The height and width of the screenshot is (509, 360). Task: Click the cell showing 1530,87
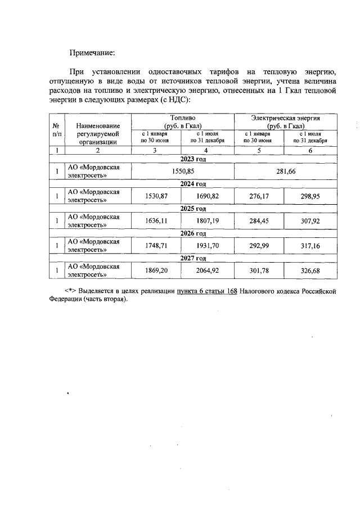tap(156, 196)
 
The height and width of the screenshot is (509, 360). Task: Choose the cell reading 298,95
tap(310, 196)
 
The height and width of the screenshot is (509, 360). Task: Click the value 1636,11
tap(156, 221)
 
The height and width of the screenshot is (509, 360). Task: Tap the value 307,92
tap(310, 221)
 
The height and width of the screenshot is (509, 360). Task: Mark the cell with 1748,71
tap(156, 246)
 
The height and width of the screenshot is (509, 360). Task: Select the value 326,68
tap(310, 271)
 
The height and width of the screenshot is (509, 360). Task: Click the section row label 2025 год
tap(193, 209)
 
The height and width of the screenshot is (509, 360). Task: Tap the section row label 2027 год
tap(193, 258)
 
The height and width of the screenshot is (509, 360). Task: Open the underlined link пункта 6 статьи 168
tap(206, 291)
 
